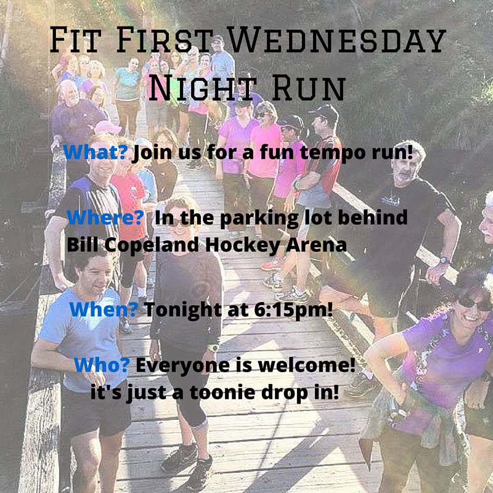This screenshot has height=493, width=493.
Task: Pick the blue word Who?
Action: (102, 365)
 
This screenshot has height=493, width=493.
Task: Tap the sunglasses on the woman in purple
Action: (475, 303)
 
